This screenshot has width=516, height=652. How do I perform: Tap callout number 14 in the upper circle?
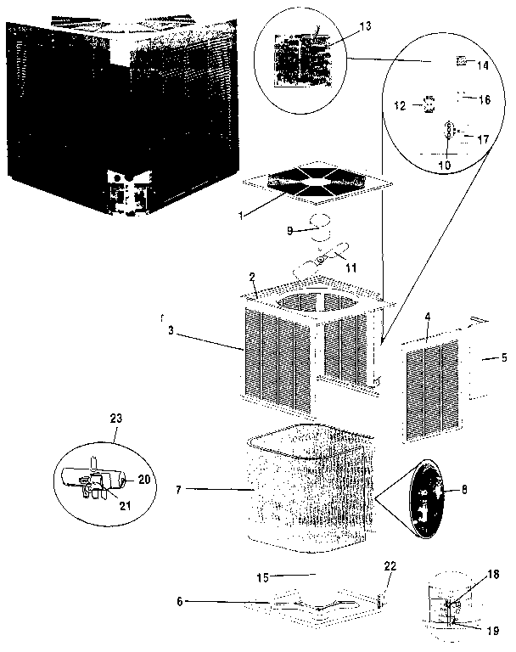click(483, 65)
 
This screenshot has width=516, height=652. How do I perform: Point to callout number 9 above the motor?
click(289, 230)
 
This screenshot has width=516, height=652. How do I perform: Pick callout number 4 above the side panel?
click(428, 317)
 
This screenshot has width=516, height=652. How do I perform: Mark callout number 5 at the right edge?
click(504, 357)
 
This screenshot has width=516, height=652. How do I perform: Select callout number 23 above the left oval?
click(116, 418)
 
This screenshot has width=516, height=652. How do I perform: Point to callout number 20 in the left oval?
click(144, 479)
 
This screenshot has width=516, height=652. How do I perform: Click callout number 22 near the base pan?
click(390, 566)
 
